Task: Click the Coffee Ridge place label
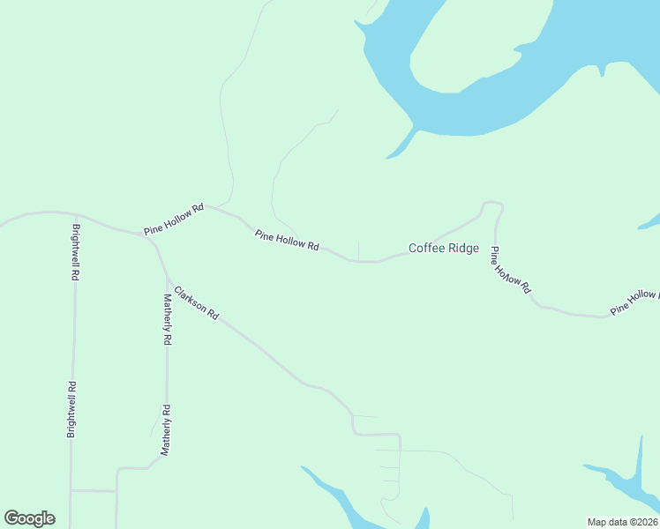point(444,249)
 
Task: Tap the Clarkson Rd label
point(196,302)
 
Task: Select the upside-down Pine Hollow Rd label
point(512,269)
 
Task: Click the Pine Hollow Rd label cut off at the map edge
point(634,302)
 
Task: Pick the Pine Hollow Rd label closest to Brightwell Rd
point(175,219)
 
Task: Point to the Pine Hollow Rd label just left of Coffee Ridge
point(287,240)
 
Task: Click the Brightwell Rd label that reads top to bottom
point(76,253)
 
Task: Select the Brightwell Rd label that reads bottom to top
point(72,409)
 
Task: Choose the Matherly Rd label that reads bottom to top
point(165,429)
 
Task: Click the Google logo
point(29,518)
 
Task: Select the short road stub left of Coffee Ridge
point(358,250)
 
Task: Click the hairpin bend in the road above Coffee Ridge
point(492,205)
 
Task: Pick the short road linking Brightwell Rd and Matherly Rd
point(94,490)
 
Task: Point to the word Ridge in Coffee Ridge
point(462,249)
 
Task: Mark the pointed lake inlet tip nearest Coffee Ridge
point(386,159)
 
